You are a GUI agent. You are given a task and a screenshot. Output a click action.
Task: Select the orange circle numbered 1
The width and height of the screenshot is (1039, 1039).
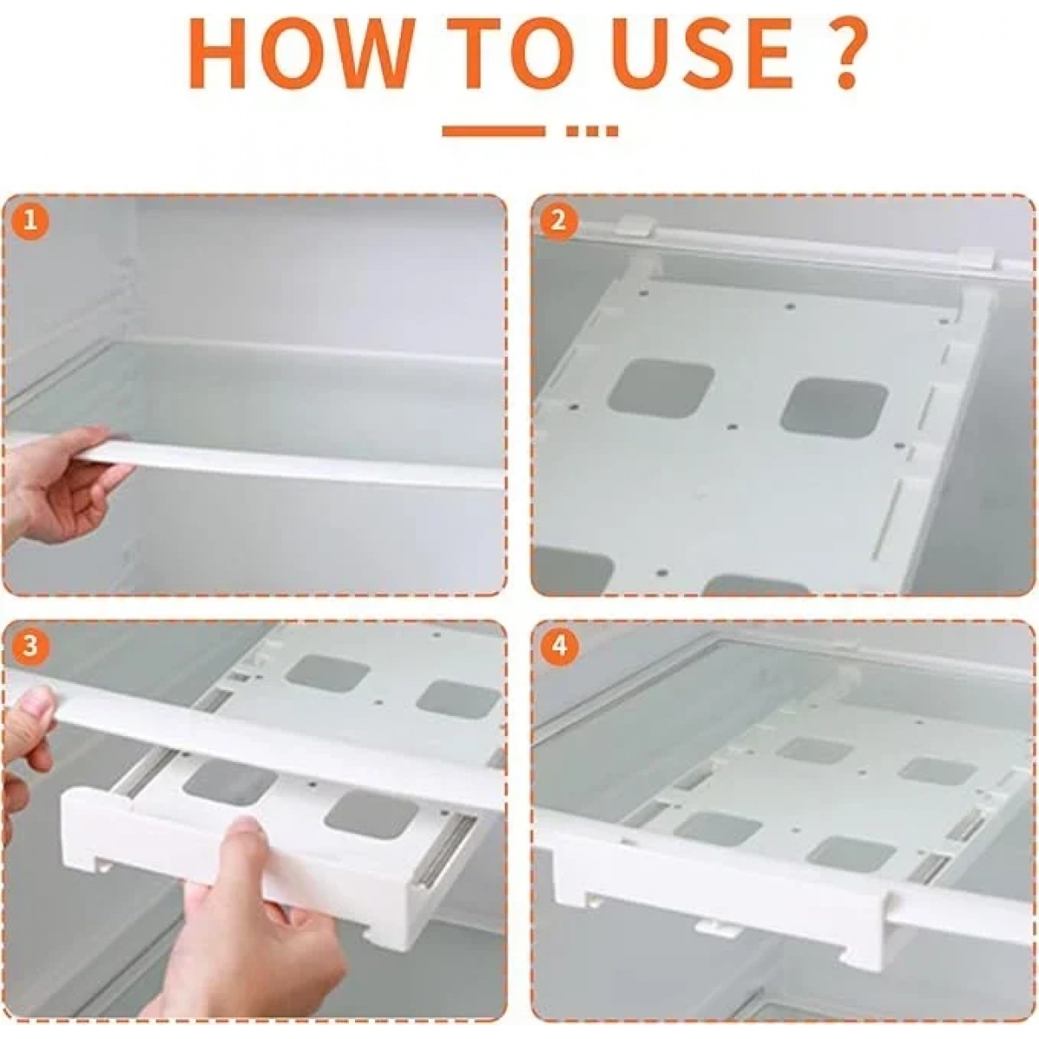click(30, 223)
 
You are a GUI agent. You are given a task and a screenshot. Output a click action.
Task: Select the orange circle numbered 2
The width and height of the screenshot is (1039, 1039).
click(558, 221)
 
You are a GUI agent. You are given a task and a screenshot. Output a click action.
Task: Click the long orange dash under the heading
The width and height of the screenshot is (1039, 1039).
click(493, 131)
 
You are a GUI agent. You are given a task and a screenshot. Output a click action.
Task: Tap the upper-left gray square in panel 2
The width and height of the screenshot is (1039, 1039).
click(660, 390)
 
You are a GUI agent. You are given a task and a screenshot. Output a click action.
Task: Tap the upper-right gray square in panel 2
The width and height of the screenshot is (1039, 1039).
click(834, 406)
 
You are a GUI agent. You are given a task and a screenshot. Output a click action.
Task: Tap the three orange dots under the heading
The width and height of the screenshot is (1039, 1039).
click(592, 131)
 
